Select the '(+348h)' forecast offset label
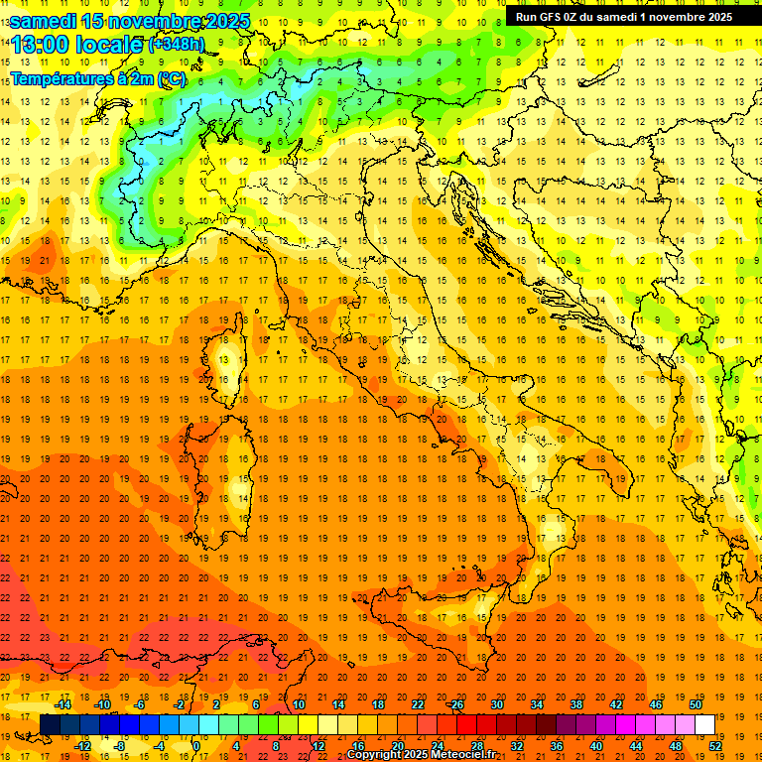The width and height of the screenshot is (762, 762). pyautogui.click(x=176, y=44)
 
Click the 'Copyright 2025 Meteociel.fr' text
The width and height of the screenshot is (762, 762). pyautogui.click(x=421, y=755)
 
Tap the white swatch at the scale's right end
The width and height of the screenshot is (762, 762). pyautogui.click(x=704, y=724)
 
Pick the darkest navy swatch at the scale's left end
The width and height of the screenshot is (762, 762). pyautogui.click(x=50, y=724)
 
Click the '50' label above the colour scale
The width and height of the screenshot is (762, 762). pyautogui.click(x=695, y=704)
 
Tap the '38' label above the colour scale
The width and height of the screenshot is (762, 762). pyautogui.click(x=575, y=704)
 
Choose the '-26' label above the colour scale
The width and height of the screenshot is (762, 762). pyautogui.click(x=455, y=704)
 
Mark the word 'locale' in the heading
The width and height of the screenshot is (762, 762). pyautogui.click(x=108, y=44)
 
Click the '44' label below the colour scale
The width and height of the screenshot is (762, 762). pyautogui.click(x=636, y=746)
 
